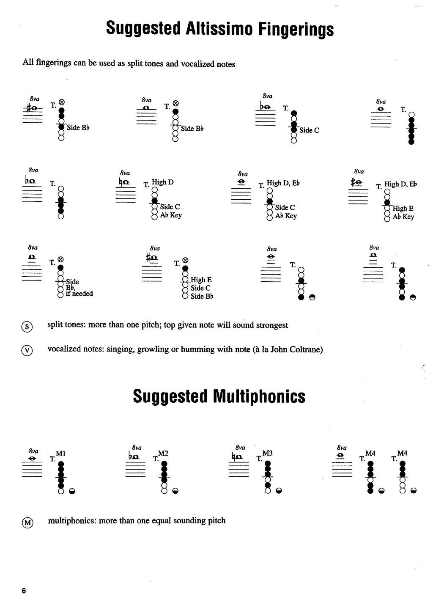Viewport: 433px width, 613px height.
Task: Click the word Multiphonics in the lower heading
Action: pyautogui.click(x=259, y=396)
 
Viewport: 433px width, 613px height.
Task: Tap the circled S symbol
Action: pyautogui.click(x=27, y=326)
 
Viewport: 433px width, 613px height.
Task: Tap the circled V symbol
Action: pyautogui.click(x=27, y=350)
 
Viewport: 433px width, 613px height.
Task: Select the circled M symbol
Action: pyautogui.click(x=27, y=522)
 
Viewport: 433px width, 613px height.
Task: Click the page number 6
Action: pyautogui.click(x=24, y=591)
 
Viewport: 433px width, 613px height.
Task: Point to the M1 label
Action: pyautogui.click(x=60, y=454)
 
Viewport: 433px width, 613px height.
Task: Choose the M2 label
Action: pyautogui.click(x=163, y=454)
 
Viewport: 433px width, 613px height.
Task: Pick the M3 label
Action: pyautogui.click(x=267, y=454)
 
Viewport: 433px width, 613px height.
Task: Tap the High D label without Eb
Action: pyautogui.click(x=162, y=182)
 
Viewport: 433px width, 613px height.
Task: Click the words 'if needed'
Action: pyautogui.click(x=79, y=294)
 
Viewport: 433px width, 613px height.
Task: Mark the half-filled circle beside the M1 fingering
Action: pyautogui.click(x=72, y=491)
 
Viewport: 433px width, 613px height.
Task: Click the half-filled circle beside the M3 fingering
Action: pyautogui.click(x=279, y=491)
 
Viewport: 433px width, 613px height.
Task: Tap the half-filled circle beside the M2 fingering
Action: pyautogui.click(x=175, y=491)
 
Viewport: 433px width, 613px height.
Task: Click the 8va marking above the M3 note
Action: pyautogui.click(x=240, y=447)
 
